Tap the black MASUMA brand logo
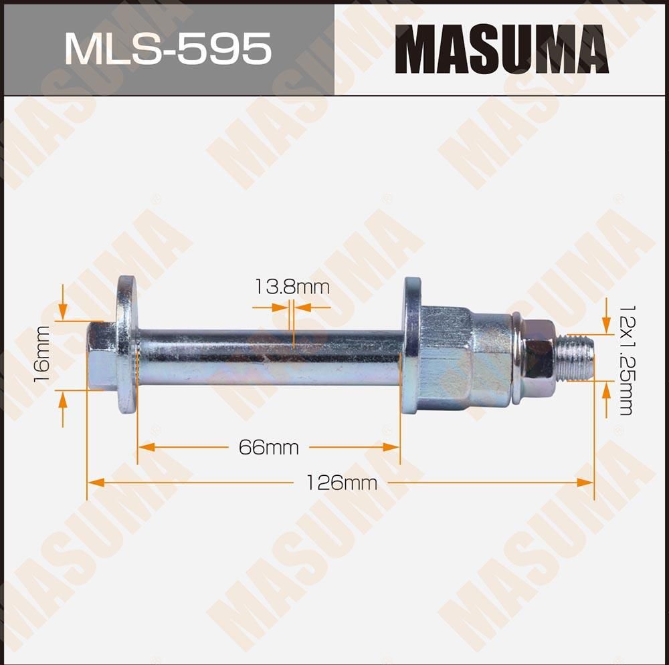pos(501,49)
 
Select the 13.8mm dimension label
pos(292,287)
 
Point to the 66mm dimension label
pos(268,447)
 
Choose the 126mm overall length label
pos(341,482)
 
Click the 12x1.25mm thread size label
pos(625,361)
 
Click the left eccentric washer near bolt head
pos(126,344)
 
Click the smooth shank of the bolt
pos(268,356)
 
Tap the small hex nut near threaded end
pos(539,360)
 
